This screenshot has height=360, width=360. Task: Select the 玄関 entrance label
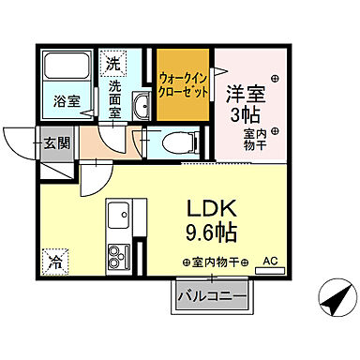pyautogui.click(x=54, y=143)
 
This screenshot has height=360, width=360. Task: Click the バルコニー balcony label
pyautogui.click(x=212, y=296)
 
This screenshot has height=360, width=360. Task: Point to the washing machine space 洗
pyautogui.click(x=112, y=64)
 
